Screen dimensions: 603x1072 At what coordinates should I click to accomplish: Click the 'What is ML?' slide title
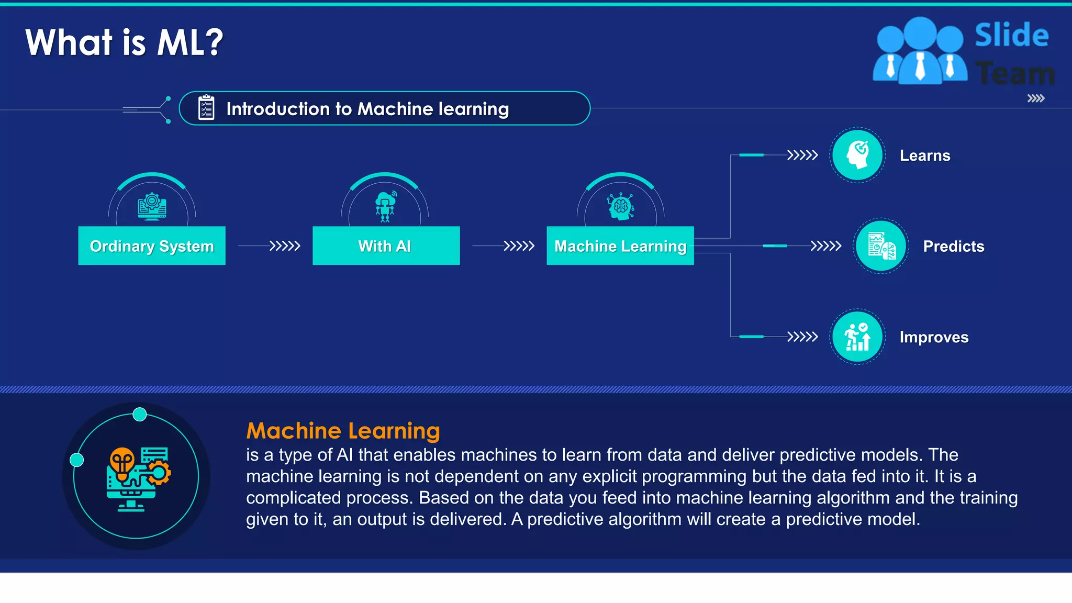[x=124, y=42]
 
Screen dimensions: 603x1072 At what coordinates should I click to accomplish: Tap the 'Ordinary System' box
[x=152, y=245]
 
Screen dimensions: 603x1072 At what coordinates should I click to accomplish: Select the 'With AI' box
[x=386, y=245]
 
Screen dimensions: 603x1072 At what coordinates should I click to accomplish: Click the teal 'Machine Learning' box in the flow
[x=620, y=245]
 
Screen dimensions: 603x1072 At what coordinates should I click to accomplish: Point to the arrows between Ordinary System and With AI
[x=284, y=245]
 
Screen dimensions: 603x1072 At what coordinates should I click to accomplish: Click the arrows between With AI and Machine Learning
[x=518, y=245]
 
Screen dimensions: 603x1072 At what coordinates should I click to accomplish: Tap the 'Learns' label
[x=925, y=155]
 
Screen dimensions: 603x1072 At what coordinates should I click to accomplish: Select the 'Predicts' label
[x=953, y=246]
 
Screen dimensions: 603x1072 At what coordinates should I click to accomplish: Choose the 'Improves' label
[x=934, y=337]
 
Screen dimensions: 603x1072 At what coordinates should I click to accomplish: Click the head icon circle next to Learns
[x=857, y=155]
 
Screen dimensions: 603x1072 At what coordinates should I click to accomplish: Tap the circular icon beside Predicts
[x=881, y=246]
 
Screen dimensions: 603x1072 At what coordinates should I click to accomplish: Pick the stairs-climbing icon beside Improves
[x=857, y=337]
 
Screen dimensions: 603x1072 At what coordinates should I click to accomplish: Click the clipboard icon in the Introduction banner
[x=206, y=108]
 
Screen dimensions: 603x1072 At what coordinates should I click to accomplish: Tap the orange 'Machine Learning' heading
[x=343, y=431]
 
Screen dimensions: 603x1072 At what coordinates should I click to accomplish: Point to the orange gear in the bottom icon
[x=159, y=473]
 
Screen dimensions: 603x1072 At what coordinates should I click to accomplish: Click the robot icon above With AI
[x=385, y=206]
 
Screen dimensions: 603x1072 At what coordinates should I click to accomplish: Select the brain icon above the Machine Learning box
[x=621, y=206]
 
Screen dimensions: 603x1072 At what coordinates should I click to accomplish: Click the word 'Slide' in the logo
[x=1011, y=36]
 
